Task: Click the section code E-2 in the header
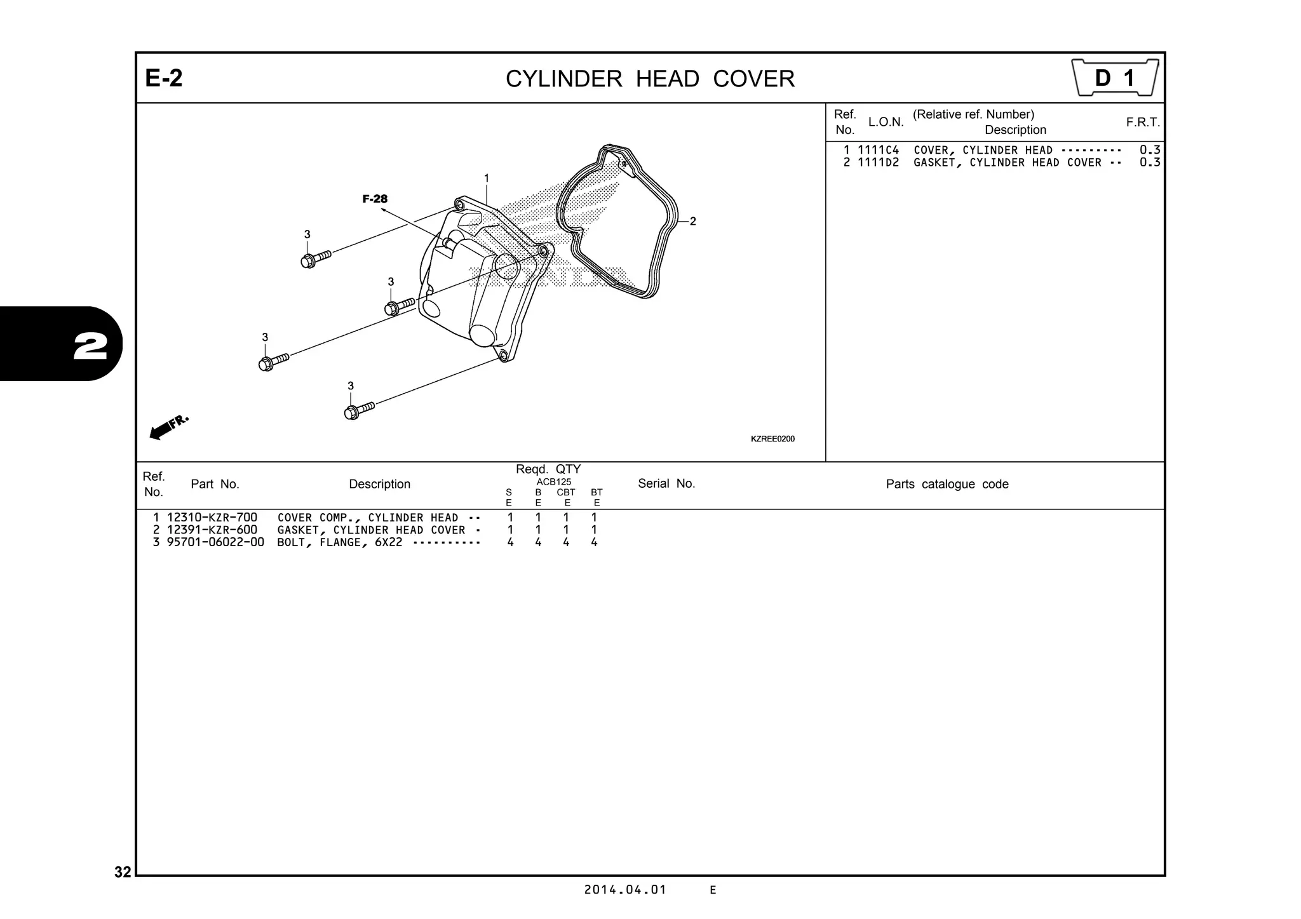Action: point(164,79)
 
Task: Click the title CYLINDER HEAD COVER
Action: point(650,79)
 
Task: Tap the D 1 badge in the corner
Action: point(1115,78)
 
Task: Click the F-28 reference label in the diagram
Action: point(375,199)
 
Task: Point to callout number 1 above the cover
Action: point(487,178)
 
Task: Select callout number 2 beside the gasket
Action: point(692,222)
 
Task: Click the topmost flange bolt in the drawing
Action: point(316,258)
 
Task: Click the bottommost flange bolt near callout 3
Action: point(358,410)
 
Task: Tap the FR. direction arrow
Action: point(168,427)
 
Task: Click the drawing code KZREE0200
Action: point(772,439)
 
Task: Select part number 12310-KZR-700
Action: point(212,518)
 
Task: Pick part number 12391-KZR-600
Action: point(212,530)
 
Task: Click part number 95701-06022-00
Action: point(215,542)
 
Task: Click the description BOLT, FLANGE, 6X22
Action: point(340,542)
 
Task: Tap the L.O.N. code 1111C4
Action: point(878,151)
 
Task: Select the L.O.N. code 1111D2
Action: point(878,163)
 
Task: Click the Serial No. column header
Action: point(666,484)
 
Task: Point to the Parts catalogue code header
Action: point(947,485)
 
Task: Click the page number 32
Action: point(123,872)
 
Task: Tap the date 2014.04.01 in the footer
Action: point(625,890)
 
